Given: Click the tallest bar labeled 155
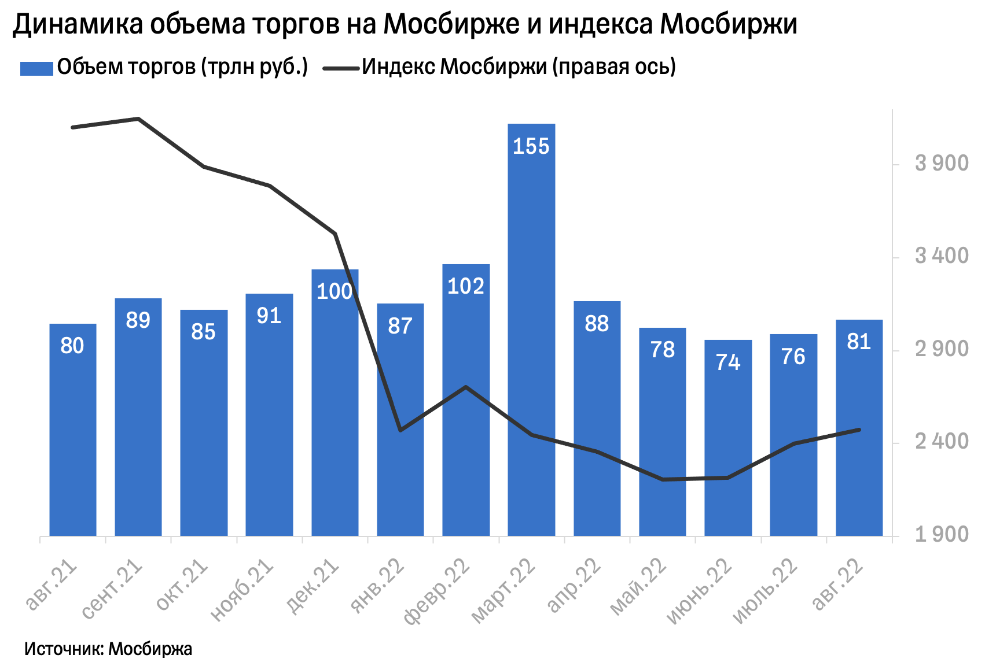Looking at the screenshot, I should point(531,330).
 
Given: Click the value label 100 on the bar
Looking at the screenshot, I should point(335,291).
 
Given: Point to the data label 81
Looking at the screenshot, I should point(859,342).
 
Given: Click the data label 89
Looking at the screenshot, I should point(138,320).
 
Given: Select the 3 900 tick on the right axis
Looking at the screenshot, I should point(942,164).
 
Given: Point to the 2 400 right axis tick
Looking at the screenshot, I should point(942,442).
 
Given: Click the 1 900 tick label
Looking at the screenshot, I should point(942,535).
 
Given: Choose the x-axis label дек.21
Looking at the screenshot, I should point(313,586).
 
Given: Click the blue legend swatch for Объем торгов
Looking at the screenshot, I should point(36,68).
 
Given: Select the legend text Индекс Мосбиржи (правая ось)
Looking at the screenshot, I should point(519,67).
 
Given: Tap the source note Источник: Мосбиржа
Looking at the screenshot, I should point(108,649).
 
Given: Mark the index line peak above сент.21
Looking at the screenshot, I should point(138,119).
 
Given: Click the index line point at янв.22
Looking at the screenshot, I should point(400,430).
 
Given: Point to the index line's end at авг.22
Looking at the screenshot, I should point(859,430).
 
